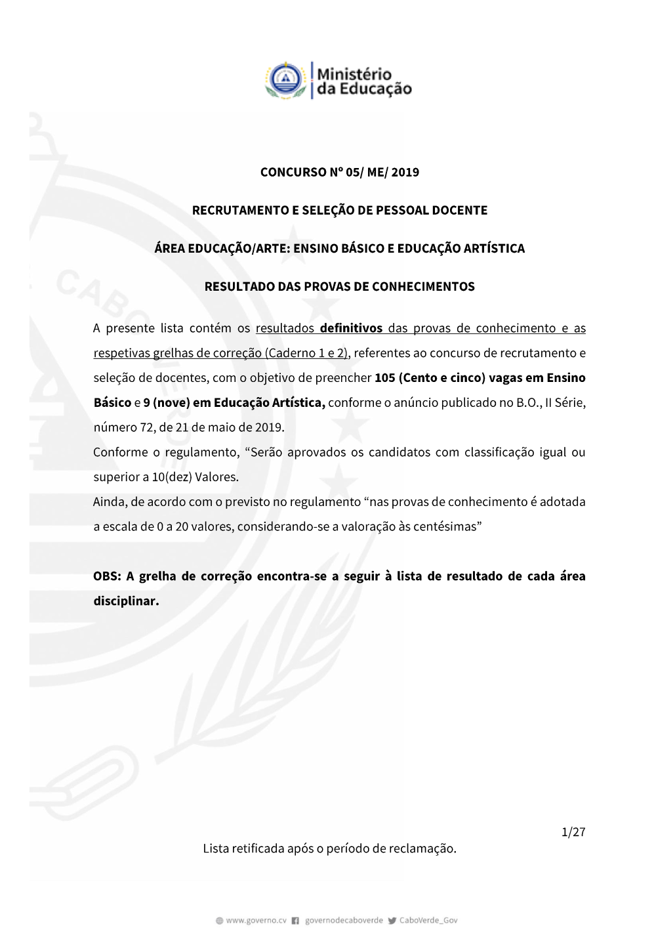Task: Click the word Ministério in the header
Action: [x=354, y=74]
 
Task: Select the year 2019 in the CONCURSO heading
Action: [x=405, y=173]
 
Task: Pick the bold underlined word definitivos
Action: [x=351, y=328]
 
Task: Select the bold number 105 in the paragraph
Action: [x=384, y=378]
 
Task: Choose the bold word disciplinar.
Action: [x=126, y=601]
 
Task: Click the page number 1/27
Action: [x=573, y=832]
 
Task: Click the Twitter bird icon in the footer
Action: [x=392, y=921]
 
